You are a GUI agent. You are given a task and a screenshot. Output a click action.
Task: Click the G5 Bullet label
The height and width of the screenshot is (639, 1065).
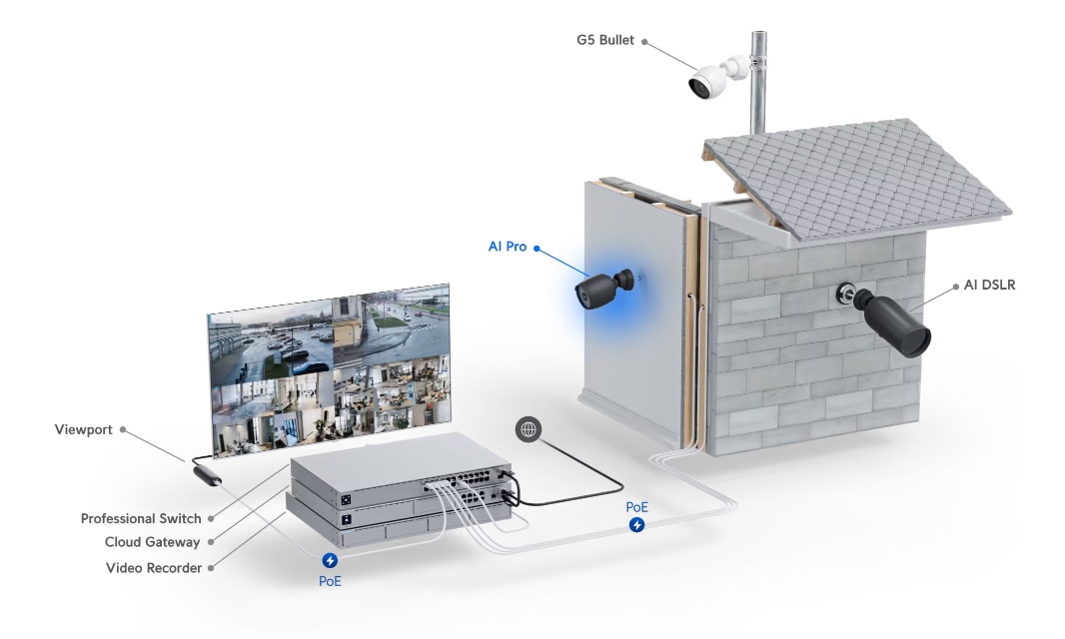pyautogui.click(x=605, y=40)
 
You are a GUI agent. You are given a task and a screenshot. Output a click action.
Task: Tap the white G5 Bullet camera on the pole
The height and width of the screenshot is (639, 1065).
pyautogui.click(x=716, y=76)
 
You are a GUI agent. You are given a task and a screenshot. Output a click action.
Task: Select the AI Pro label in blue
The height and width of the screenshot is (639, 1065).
pyautogui.click(x=508, y=247)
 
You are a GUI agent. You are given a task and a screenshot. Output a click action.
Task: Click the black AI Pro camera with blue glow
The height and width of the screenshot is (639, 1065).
pyautogui.click(x=604, y=289)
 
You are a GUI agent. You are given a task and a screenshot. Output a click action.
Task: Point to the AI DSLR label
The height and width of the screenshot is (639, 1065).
pyautogui.click(x=990, y=286)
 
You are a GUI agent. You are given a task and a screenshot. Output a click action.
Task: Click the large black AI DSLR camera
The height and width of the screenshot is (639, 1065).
pyautogui.click(x=891, y=321)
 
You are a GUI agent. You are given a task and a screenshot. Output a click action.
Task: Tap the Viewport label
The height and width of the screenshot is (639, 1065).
pyautogui.click(x=84, y=430)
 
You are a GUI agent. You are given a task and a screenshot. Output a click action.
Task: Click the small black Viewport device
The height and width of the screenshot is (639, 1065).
pyautogui.click(x=207, y=474)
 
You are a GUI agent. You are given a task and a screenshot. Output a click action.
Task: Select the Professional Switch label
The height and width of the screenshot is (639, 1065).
pyautogui.click(x=141, y=519)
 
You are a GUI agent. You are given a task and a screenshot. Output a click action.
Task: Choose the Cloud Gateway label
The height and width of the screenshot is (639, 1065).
pyautogui.click(x=152, y=542)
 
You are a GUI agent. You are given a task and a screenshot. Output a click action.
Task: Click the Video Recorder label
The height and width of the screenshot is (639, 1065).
pyautogui.click(x=154, y=568)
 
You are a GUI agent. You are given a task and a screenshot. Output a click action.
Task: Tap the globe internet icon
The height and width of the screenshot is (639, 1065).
pyautogui.click(x=529, y=429)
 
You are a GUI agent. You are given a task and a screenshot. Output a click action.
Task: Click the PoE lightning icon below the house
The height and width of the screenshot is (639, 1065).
pyautogui.click(x=636, y=525)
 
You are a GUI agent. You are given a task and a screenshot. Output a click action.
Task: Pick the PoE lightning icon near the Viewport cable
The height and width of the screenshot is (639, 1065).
pyautogui.click(x=330, y=560)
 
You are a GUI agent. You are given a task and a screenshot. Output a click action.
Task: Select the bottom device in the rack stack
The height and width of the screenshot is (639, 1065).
pyautogui.click(x=398, y=526)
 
